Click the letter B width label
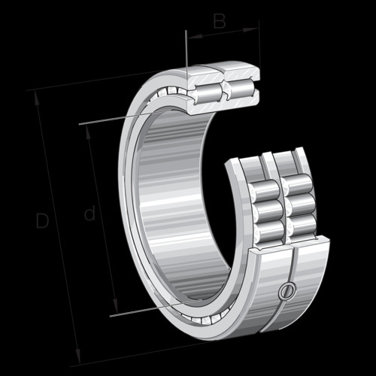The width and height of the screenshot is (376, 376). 220,21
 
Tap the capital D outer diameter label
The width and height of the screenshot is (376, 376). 42,220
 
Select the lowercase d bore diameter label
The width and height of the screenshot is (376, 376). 89,213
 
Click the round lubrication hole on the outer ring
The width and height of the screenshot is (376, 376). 287,291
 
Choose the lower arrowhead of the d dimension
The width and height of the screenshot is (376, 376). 115,306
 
